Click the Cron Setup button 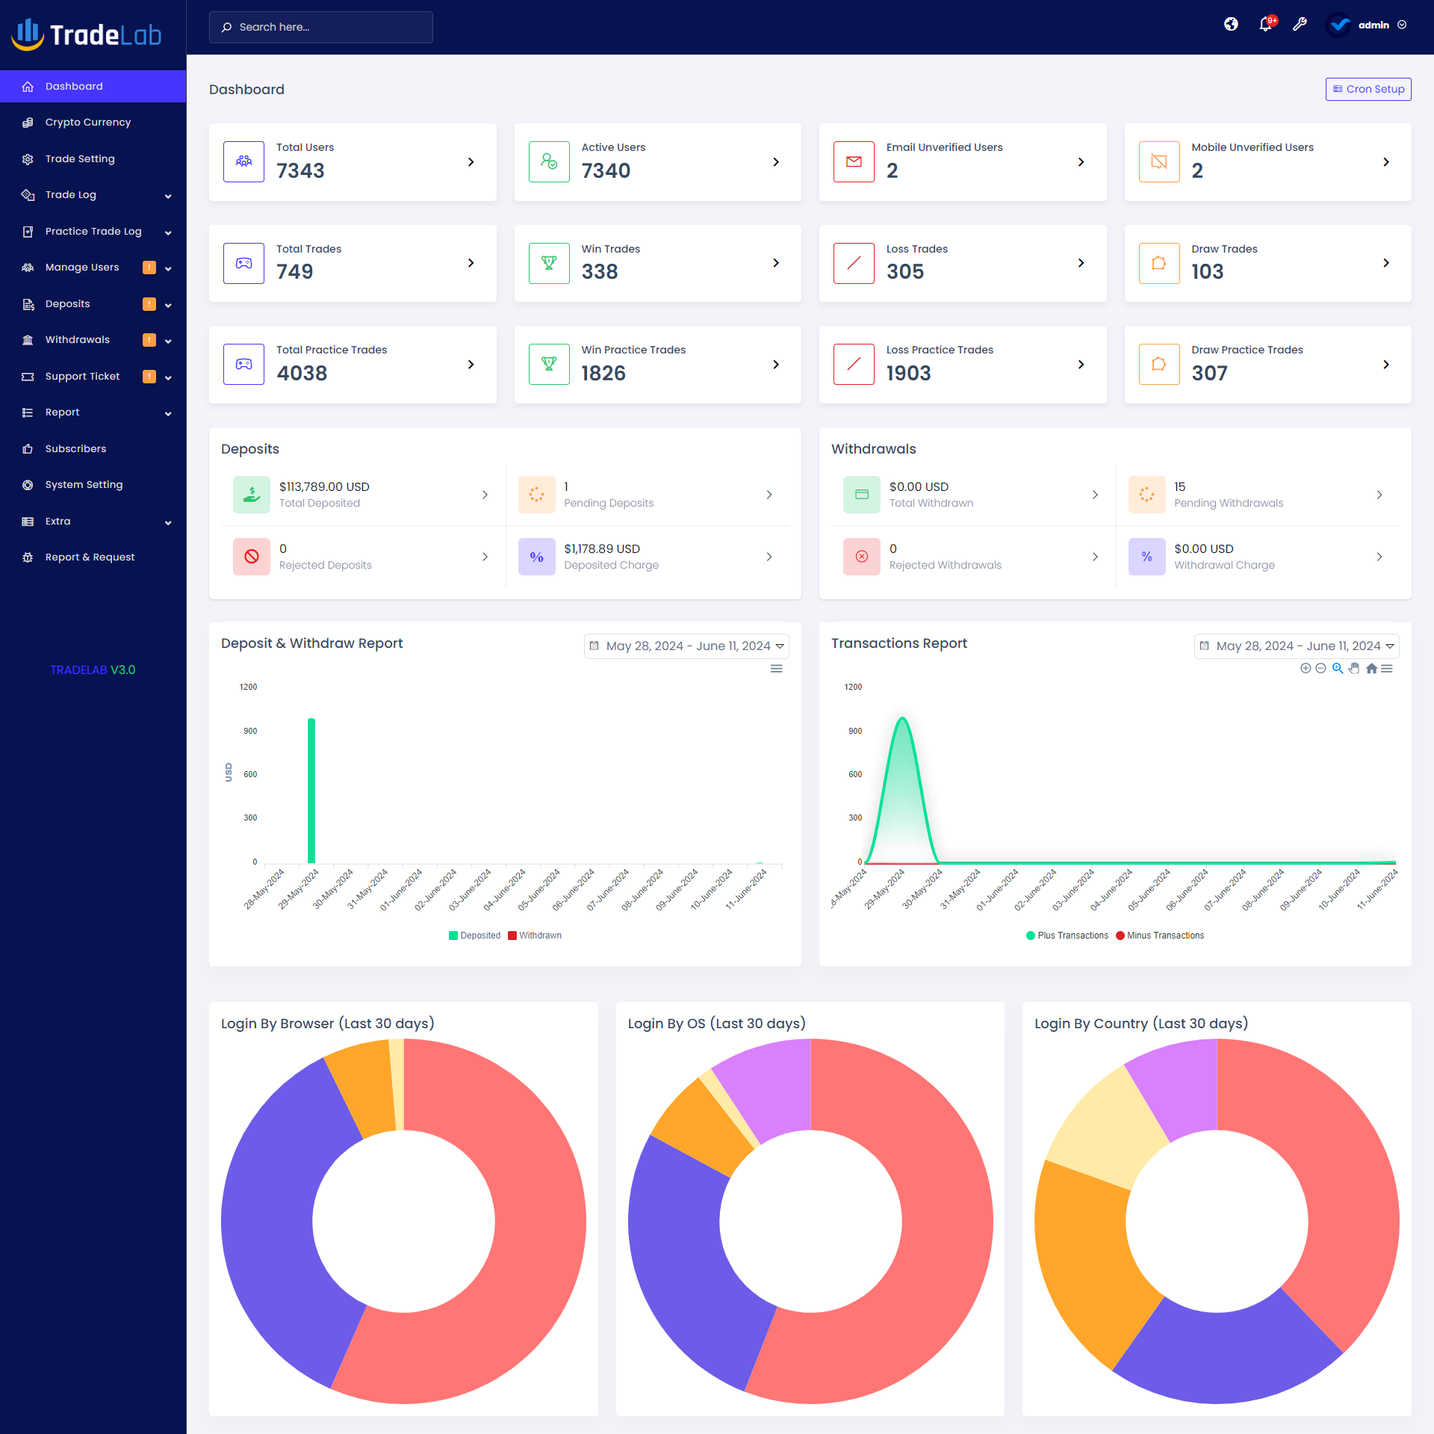1368,89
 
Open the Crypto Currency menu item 87,123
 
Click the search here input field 321,27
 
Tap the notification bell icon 1264,25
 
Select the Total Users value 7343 300,171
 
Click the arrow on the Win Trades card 776,263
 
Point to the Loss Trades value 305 904,272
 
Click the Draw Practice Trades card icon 1158,365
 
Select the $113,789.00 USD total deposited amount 324,486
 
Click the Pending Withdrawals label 1228,504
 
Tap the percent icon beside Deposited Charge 536,557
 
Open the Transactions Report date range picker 1296,646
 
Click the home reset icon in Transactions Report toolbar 1371,669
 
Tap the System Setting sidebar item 84,485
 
